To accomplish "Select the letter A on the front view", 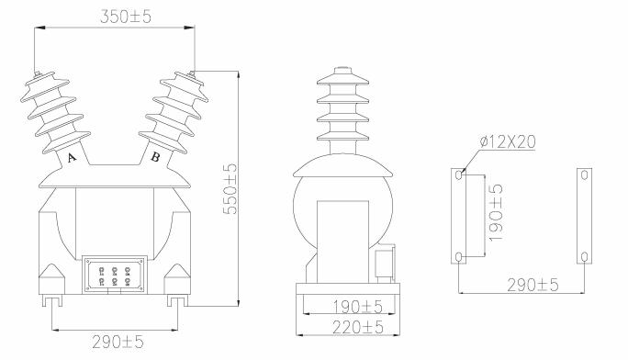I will [x=72, y=157].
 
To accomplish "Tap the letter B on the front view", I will [x=155, y=157].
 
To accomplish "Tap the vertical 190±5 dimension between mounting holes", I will [x=496, y=213].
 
